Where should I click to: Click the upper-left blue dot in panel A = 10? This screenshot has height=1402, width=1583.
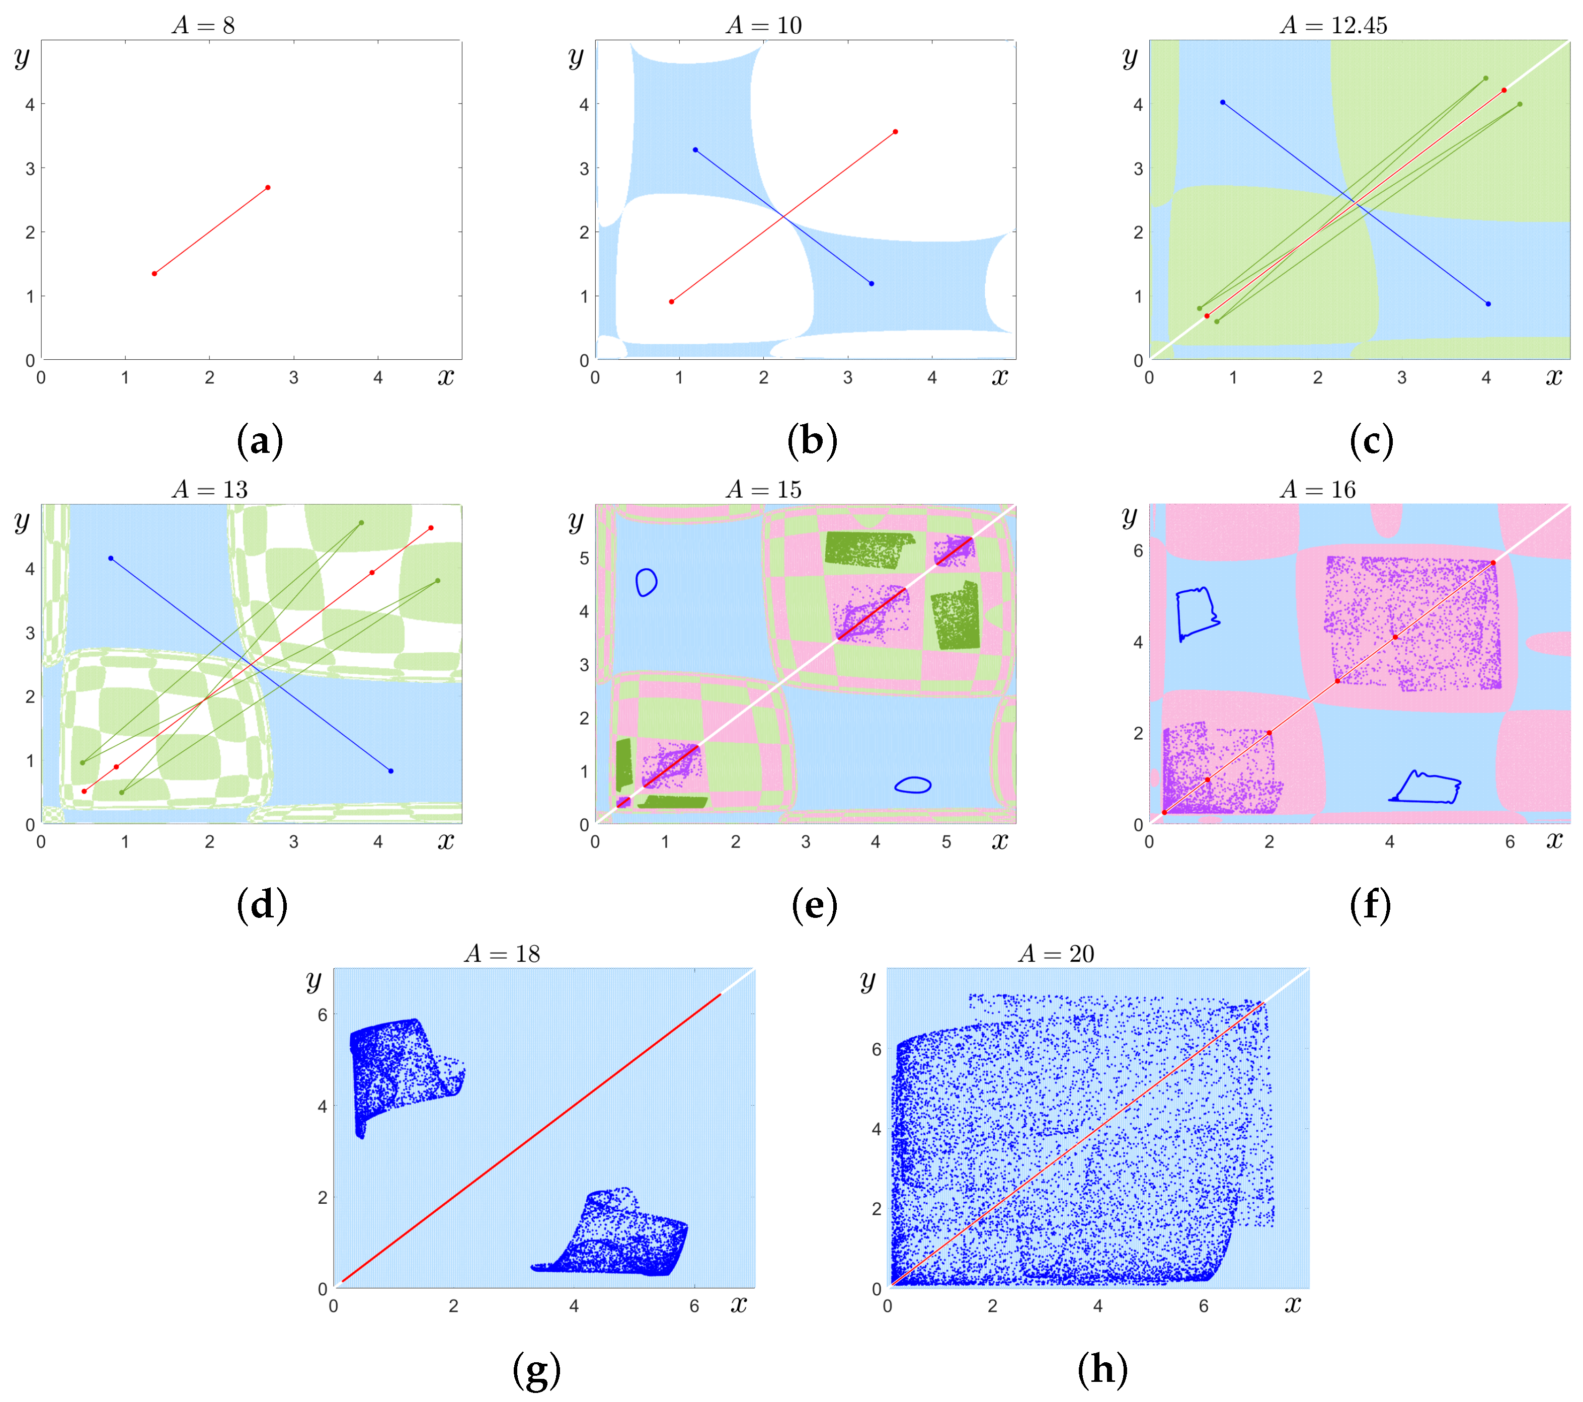pos(695,149)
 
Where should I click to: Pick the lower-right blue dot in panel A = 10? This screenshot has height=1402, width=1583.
pos(872,283)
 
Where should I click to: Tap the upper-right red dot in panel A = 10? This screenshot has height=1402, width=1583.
pos(895,132)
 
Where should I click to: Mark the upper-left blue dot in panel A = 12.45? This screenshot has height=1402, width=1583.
pos(1223,102)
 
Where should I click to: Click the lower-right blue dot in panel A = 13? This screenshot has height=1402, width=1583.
pos(391,771)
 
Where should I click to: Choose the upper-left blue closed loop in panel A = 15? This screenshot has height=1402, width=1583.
pos(646,582)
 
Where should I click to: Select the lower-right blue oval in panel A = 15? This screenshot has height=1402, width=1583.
pos(912,785)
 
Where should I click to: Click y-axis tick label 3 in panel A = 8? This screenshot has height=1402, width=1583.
pos(30,168)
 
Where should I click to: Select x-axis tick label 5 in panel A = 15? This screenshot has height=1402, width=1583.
pos(945,842)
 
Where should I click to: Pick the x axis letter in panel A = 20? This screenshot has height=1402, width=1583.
pos(1293,1306)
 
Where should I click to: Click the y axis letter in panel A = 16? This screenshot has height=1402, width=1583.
pos(1130,517)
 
